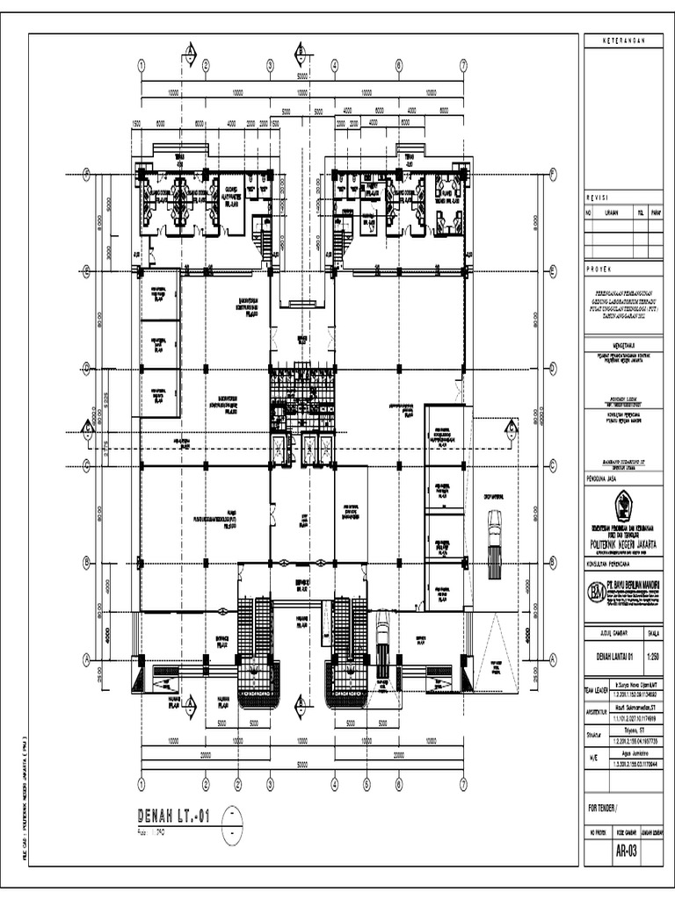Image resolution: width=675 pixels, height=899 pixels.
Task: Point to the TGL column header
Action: [641, 212]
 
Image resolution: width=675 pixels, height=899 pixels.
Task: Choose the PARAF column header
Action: [656, 212]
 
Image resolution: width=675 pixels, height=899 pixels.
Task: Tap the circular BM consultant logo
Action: [598, 589]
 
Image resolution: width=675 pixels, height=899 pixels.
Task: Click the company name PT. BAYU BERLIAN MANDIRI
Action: [635, 582]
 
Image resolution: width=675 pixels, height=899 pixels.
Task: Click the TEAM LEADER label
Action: [595, 690]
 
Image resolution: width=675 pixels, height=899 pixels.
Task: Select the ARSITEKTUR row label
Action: [596, 713]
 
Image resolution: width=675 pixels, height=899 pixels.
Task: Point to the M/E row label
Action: [592, 757]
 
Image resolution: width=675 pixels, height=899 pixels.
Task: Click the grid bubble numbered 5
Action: [367, 783]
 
